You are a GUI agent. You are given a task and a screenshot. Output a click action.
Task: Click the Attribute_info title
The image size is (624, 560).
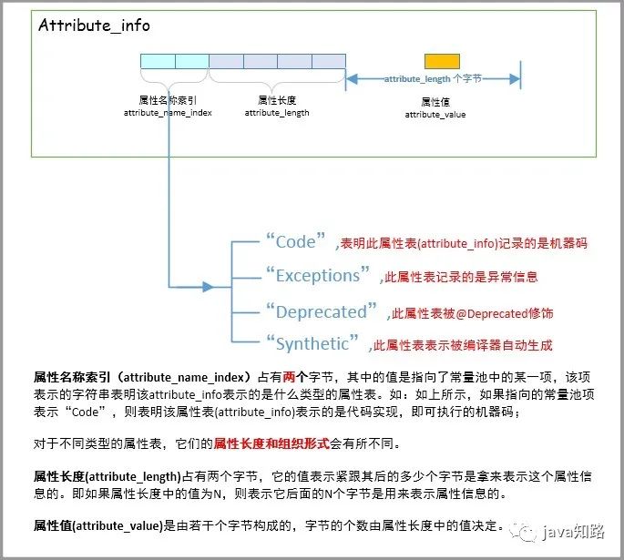coord(95,25)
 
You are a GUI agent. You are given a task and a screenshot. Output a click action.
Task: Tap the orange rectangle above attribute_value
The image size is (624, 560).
coord(442,61)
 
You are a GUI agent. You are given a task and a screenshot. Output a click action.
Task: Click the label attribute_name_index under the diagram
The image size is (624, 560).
coord(168,113)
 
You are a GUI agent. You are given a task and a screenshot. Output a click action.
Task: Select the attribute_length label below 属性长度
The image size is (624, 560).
coord(277,113)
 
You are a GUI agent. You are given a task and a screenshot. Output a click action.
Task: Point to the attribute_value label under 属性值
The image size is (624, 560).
coord(435,115)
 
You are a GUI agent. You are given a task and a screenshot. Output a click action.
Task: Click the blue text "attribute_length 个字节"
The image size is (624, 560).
coord(433,78)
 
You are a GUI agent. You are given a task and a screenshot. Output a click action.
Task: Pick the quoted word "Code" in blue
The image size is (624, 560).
coord(296,240)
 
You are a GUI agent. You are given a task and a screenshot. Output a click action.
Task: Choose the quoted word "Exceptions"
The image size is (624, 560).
coord(318,275)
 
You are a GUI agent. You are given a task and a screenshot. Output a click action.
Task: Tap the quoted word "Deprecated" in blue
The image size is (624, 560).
coord(322,311)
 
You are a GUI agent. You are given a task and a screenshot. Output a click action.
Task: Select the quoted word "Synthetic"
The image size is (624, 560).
coord(312,343)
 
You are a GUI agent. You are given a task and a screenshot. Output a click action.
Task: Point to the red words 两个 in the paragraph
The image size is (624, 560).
coord(295,377)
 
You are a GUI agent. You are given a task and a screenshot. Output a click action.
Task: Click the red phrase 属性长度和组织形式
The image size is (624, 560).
coord(271,443)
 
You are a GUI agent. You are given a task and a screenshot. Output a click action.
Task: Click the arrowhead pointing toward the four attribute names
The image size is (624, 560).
coord(208,286)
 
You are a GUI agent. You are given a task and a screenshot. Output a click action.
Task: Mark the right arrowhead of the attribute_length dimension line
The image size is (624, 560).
coord(515,78)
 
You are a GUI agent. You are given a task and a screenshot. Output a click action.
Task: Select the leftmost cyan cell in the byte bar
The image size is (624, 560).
coord(158,61)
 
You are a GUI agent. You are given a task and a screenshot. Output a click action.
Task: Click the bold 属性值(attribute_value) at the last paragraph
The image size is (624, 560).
coord(98,525)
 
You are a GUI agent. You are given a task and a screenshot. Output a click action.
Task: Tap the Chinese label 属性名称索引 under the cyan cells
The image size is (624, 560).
coord(168,100)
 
